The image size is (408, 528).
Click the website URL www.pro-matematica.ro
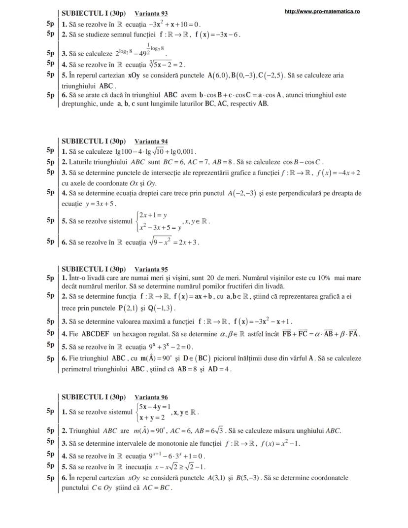(x=322, y=11)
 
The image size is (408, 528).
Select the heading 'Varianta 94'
(x=151, y=141)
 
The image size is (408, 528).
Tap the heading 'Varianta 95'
(x=151, y=269)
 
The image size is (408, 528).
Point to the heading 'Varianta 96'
(x=151, y=397)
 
